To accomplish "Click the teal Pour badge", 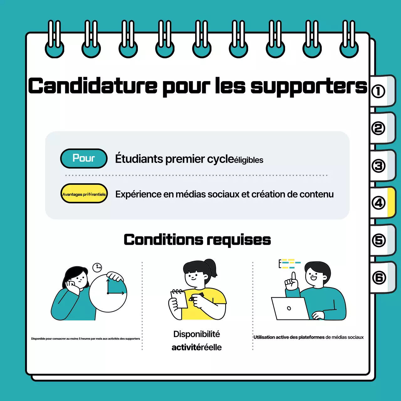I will pos(84,159).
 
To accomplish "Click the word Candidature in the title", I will pos(93,86).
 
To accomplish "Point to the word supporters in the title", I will pos(309,86).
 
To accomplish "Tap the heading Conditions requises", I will pos(197,240).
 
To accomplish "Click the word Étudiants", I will pos(139,159).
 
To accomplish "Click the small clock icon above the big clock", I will pos(97,267).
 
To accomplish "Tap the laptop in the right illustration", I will pos(290,309).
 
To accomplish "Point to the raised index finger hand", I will pos(292,282).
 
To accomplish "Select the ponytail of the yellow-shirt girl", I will pos(211,266).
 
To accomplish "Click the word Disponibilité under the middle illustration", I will pos(196,334).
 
